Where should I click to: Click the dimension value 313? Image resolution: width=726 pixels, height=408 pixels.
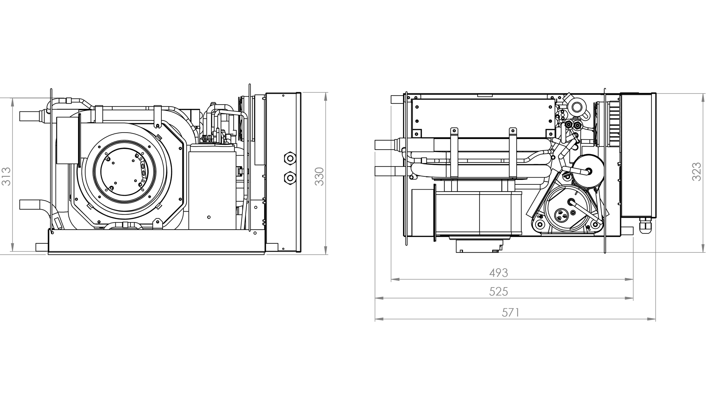(6, 176)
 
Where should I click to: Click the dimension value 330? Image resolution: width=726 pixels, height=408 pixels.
(320, 176)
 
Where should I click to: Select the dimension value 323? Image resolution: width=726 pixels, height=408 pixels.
(696, 172)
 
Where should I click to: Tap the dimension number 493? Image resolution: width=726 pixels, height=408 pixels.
(498, 272)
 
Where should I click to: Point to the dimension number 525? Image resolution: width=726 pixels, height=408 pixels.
(498, 292)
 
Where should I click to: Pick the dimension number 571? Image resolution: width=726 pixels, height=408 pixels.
(510, 312)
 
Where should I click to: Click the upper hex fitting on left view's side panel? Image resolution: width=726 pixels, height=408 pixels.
(290, 158)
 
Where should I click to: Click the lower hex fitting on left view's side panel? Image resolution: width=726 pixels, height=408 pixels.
(290, 177)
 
